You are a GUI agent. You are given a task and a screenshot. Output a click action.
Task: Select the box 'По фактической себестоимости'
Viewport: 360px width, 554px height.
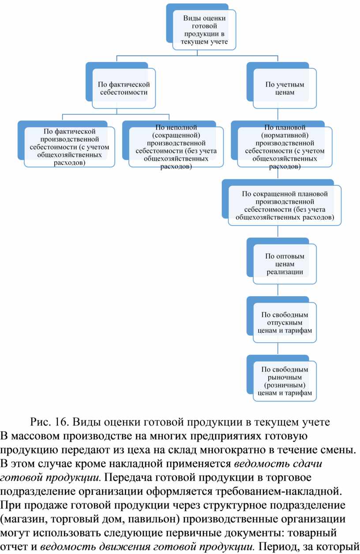tap(124, 88)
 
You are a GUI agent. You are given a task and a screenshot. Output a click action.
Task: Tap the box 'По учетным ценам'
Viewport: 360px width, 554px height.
tap(285, 88)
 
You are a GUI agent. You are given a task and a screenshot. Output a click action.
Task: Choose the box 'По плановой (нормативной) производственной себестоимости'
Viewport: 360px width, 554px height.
tap(285, 147)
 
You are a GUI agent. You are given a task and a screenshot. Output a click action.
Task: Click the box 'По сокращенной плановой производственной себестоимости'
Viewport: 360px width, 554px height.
tap(285, 205)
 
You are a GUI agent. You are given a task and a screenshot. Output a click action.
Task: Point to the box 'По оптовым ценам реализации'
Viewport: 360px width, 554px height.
tap(285, 264)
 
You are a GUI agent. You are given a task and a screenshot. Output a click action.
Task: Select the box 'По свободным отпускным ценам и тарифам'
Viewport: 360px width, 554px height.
tap(285, 322)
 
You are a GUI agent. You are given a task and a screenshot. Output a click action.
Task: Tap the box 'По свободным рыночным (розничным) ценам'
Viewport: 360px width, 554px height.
tap(285, 381)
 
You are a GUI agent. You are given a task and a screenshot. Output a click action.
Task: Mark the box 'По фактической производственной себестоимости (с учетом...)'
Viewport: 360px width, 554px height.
tap(70, 147)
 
